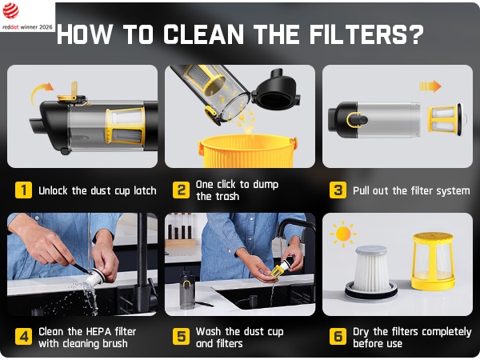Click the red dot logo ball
(10, 10)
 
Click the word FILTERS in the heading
(366, 34)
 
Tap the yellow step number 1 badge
(23, 190)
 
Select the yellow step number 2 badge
(181, 190)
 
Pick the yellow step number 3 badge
(338, 190)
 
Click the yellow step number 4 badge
(23, 337)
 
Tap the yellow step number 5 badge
(181, 337)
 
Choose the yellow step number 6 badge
(338, 337)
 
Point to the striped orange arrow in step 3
(430, 86)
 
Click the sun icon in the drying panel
(343, 234)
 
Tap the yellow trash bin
(247, 150)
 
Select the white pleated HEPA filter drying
(371, 273)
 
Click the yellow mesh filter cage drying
(433, 261)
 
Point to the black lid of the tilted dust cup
(276, 90)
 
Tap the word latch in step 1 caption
(145, 190)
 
